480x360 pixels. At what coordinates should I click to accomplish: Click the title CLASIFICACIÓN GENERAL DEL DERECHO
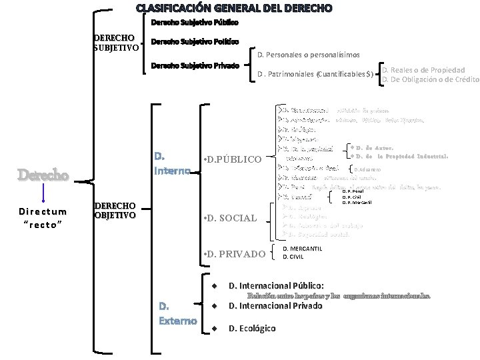pyautogui.click(x=233, y=9)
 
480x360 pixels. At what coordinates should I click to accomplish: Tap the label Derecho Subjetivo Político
pyautogui.click(x=194, y=41)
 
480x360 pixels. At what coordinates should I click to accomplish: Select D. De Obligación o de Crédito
pyautogui.click(x=430, y=80)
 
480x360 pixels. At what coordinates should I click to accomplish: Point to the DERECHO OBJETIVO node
pyautogui.click(x=115, y=210)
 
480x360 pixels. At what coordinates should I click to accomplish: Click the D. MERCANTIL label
pyautogui.click(x=303, y=249)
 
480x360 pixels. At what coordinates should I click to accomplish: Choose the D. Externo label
pyautogui.click(x=177, y=313)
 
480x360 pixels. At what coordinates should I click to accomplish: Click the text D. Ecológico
pyautogui.click(x=252, y=328)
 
